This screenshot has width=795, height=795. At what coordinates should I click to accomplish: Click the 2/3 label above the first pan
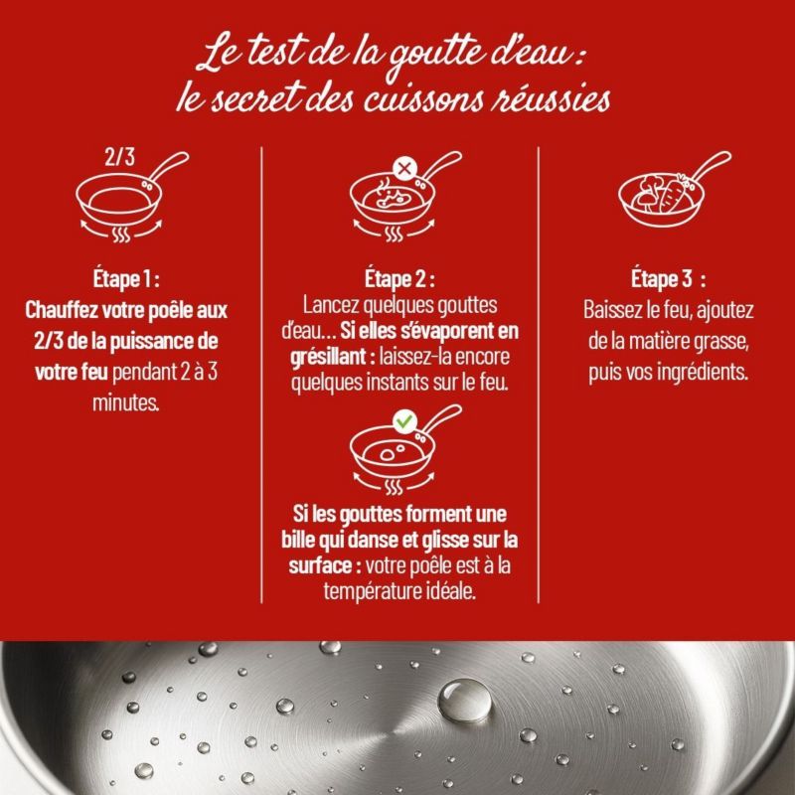(x=119, y=157)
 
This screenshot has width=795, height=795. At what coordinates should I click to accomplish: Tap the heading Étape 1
(x=126, y=279)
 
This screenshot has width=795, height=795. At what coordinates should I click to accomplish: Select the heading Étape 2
(x=399, y=279)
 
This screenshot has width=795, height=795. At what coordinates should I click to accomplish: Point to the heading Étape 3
(x=668, y=279)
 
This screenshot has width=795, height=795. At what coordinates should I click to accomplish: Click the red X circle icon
(x=404, y=168)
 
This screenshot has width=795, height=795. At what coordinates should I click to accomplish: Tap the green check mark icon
(x=404, y=420)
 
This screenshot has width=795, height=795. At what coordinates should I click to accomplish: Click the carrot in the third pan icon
(x=673, y=194)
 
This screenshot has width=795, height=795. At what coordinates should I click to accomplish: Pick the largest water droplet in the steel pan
(x=464, y=701)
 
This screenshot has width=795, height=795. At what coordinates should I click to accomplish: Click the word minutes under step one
(x=126, y=403)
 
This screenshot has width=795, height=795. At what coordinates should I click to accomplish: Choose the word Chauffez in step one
(x=62, y=310)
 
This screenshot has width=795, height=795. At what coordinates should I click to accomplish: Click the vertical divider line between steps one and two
(x=261, y=376)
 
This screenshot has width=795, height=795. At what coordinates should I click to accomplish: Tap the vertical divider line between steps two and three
(x=538, y=376)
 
